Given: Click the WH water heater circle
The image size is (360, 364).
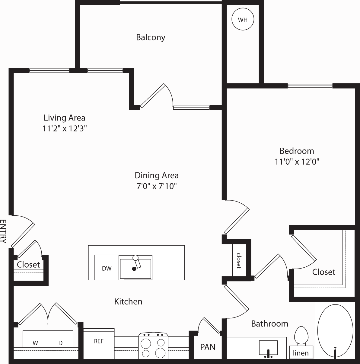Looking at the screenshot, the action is click(x=243, y=19).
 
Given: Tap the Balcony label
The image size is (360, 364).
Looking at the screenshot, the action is click(x=151, y=37).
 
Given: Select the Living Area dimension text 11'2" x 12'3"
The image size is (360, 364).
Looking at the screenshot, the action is click(x=65, y=129).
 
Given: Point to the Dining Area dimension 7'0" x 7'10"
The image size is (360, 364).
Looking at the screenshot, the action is click(x=157, y=186).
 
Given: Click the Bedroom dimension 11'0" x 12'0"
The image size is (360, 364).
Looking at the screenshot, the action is click(x=297, y=162).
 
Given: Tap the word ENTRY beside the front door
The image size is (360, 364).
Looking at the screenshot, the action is click(x=3, y=231).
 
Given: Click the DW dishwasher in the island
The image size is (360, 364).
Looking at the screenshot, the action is click(x=107, y=267).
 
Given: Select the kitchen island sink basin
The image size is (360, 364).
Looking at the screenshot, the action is click(x=135, y=269).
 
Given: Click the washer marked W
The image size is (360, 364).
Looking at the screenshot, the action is click(x=35, y=339).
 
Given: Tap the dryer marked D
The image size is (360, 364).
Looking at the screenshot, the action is click(x=60, y=339).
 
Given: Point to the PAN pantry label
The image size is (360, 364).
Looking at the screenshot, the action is click(x=208, y=347).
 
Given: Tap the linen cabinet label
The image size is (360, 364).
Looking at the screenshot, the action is click(x=301, y=353).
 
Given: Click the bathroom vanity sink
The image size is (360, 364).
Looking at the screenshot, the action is click(x=268, y=348).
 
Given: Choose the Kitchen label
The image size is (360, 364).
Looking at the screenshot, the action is click(x=128, y=301).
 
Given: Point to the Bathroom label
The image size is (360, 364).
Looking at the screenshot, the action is click(x=269, y=324).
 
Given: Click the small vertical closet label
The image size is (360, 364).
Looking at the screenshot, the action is click(x=239, y=261).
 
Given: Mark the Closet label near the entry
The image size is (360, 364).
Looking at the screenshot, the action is click(x=28, y=265).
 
